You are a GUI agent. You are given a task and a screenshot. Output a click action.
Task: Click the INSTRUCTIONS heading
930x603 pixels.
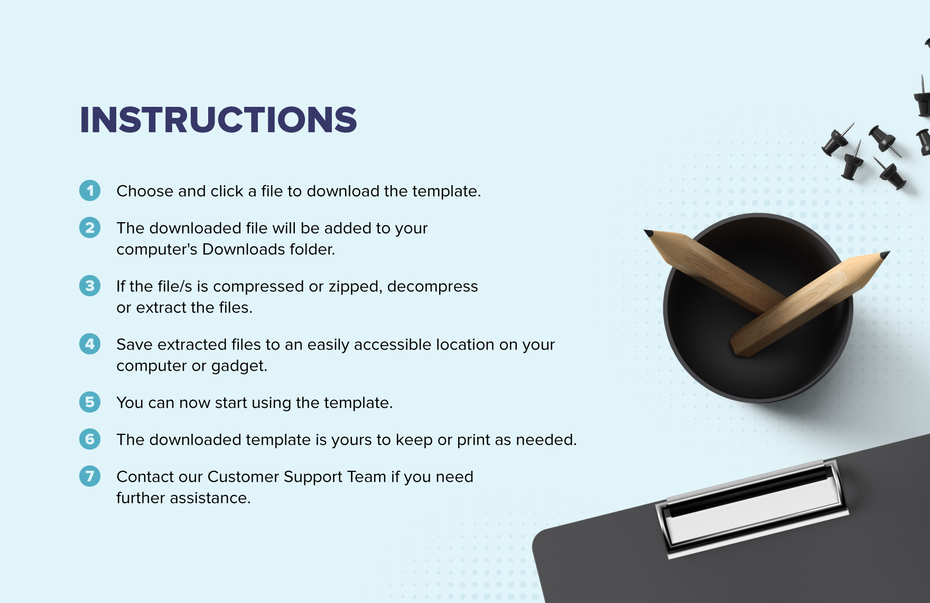point(218,120)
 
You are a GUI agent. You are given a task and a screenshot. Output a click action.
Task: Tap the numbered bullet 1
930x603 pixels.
point(90,190)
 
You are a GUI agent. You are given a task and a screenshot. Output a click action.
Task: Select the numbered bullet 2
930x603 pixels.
point(90,227)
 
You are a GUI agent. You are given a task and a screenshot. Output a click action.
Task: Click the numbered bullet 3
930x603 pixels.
point(90,286)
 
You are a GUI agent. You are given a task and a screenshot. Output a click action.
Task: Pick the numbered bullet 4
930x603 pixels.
point(90,344)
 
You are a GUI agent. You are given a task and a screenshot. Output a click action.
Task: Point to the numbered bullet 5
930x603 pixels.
point(90,402)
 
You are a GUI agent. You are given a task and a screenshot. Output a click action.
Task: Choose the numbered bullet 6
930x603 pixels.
point(90,439)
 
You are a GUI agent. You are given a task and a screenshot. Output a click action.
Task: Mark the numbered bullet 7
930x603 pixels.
point(90,476)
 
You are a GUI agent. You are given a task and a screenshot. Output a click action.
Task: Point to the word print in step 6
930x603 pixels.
point(473,440)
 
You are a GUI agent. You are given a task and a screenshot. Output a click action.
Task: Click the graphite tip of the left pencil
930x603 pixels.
point(648,233)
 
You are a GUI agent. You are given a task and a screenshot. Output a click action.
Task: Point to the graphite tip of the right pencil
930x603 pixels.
point(885,255)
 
